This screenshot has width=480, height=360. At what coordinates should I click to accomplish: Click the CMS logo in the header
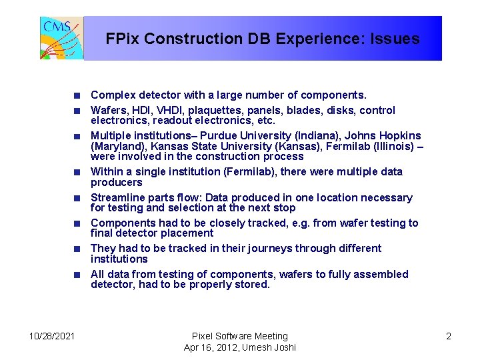61,38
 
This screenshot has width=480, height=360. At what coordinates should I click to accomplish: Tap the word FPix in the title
122,39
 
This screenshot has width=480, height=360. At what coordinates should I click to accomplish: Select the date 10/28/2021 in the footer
52,336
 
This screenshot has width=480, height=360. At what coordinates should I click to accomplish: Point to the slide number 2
449,336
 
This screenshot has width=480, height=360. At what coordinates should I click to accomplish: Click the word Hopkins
398,136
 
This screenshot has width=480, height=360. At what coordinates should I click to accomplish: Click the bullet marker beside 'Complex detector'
77,95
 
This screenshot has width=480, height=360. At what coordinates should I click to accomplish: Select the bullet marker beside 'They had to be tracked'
77,249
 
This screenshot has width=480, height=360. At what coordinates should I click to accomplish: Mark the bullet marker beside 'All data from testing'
77,275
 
